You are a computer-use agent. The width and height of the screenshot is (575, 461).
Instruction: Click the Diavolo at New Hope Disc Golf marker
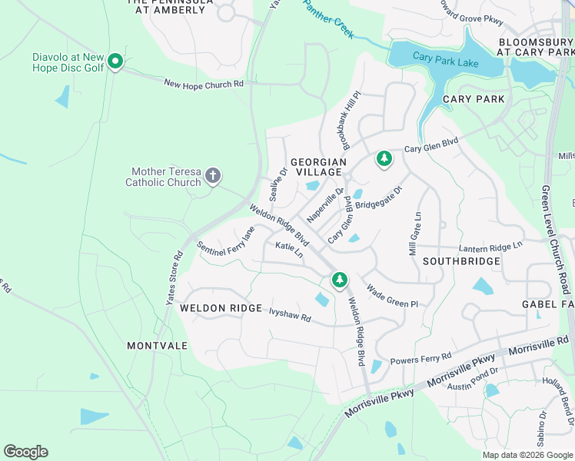(115, 61)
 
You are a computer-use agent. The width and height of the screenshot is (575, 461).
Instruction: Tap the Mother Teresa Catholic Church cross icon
(213, 177)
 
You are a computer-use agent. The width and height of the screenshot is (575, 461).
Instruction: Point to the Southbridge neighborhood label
(462, 261)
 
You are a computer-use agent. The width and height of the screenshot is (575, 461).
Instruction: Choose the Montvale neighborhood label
(157, 346)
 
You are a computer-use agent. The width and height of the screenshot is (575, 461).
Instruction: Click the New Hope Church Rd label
(204, 83)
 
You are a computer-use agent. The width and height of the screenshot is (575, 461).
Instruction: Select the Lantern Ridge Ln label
(490, 247)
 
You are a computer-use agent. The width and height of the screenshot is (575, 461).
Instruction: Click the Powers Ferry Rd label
(420, 359)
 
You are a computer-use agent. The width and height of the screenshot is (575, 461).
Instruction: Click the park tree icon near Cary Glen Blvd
(384, 159)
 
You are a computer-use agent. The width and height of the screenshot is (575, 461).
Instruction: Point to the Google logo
(25, 452)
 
